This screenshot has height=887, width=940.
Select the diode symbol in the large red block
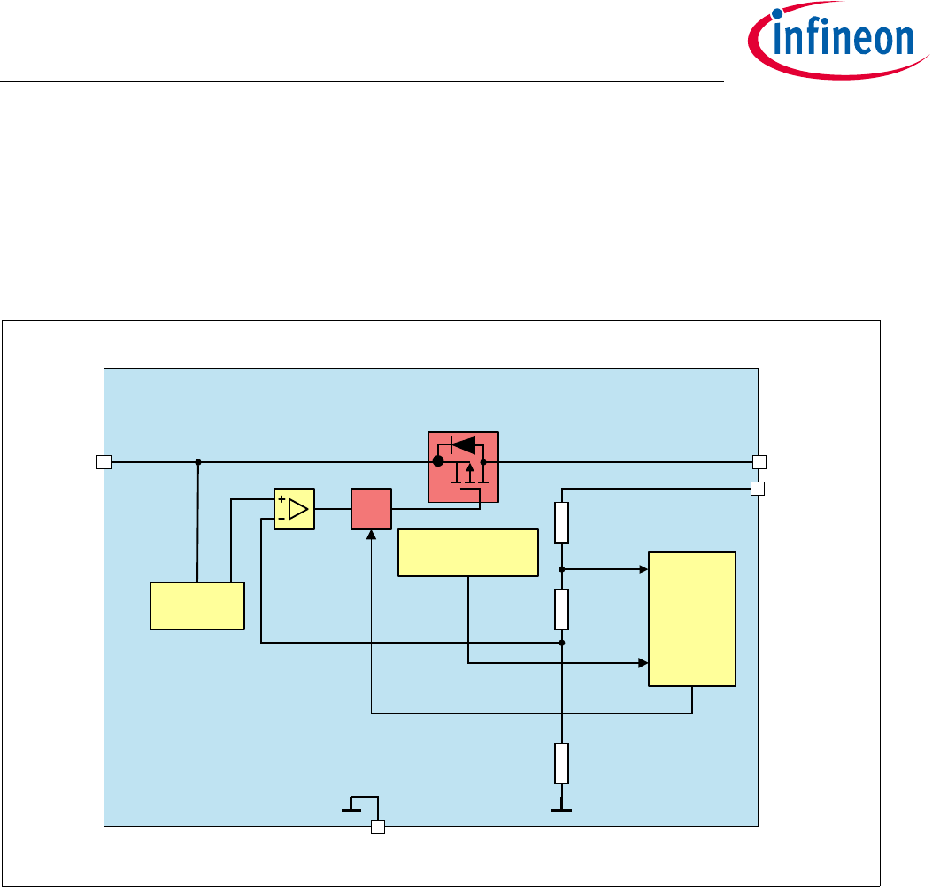[x=463, y=444]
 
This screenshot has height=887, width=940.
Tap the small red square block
[x=371, y=509]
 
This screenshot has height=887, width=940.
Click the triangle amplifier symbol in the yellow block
[x=298, y=509]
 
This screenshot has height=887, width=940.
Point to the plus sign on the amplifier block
[x=281, y=500]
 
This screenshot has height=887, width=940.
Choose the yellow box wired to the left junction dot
[x=197, y=605]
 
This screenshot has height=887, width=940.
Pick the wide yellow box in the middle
[x=468, y=552]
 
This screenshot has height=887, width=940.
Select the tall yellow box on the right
[x=692, y=618]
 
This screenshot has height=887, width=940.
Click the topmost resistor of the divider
[x=562, y=522]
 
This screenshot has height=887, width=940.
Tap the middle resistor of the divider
[x=562, y=608]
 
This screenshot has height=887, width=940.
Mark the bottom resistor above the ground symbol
[x=562, y=764]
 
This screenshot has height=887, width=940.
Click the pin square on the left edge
[x=104, y=461]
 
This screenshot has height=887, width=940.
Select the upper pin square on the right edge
[x=759, y=461]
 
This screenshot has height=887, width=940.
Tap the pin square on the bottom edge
[x=378, y=827]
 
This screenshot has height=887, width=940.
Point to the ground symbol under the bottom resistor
[x=560, y=808]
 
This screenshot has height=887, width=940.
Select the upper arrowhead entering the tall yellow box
[x=643, y=569]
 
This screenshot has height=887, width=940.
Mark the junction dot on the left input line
[x=198, y=461]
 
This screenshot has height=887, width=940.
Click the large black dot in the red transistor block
[x=437, y=461]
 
